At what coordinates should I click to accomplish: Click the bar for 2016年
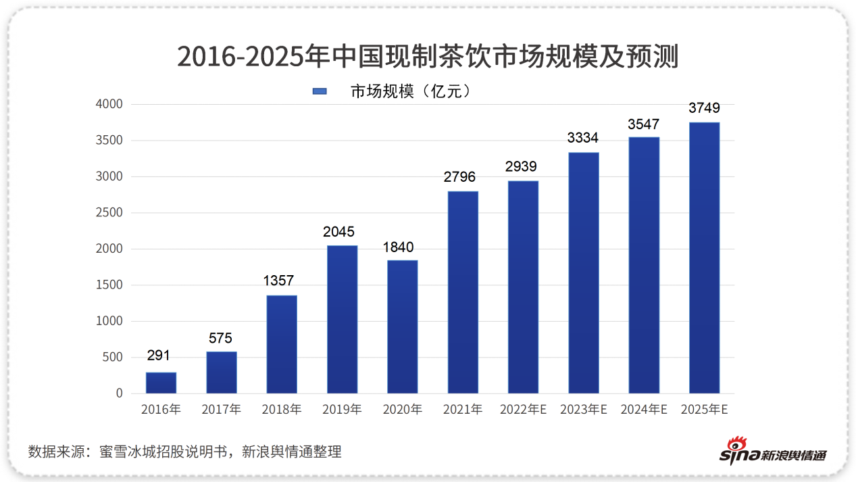pos(161,383)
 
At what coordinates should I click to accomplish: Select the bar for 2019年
pos(342,319)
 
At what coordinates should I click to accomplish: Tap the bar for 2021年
pos(463,292)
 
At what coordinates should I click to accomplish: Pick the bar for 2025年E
pos(704,258)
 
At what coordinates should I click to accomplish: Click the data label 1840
pos(399,247)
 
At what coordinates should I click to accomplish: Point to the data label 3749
pos(704,108)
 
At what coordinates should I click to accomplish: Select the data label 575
pos(221,339)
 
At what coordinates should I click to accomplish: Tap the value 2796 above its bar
pos(459,177)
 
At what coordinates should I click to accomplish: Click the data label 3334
pos(582,138)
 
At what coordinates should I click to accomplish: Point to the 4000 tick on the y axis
pos(109,105)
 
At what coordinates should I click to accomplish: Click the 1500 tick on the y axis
pos(109,285)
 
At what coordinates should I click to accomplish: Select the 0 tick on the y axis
pos(119,393)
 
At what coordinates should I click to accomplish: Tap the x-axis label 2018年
pos(282,410)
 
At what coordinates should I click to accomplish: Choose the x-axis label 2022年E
pos(523,410)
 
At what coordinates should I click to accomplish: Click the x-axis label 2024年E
pos(644,410)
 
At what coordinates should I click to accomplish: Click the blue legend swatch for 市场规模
pos(320,91)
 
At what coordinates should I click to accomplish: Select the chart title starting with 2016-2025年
pos(427,57)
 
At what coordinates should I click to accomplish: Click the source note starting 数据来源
pos(184,452)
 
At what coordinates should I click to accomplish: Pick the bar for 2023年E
pos(583,272)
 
